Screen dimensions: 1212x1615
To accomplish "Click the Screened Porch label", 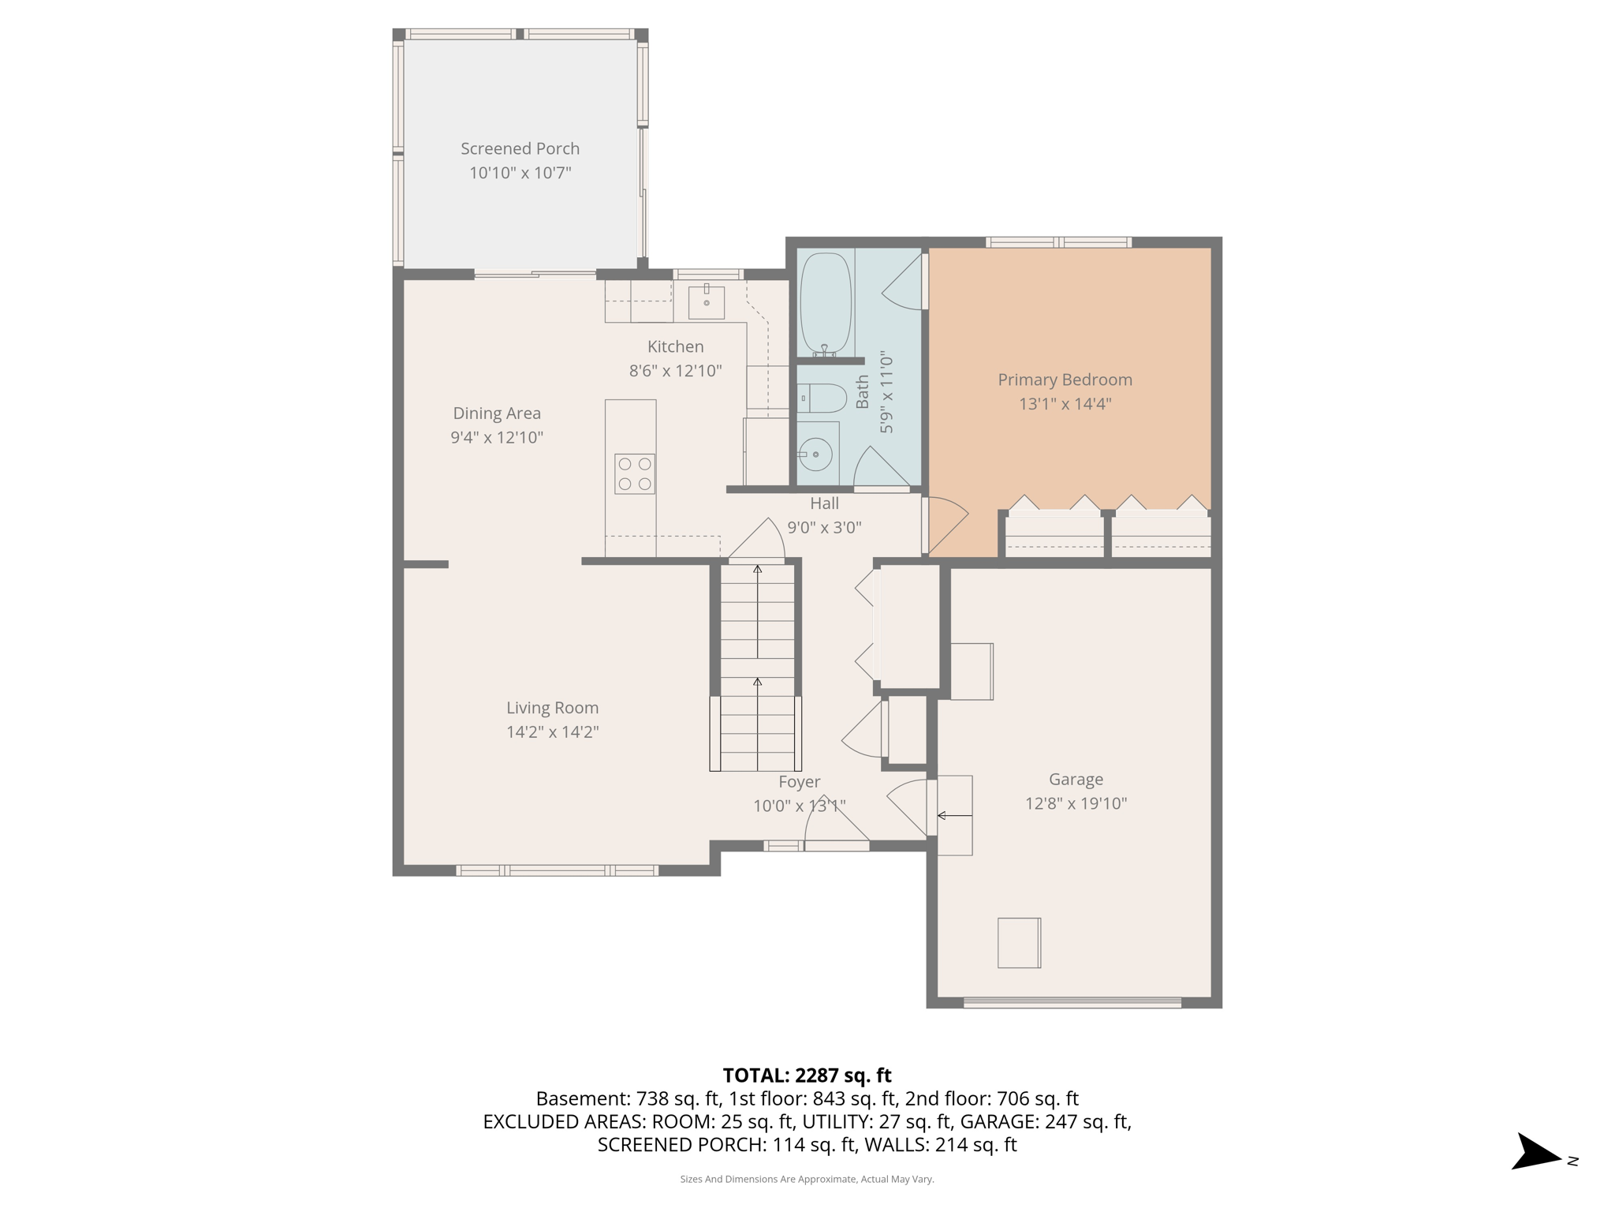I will [520, 148].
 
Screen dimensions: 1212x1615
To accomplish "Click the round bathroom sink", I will [815, 454].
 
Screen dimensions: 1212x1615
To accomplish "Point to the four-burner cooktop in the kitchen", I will [634, 474].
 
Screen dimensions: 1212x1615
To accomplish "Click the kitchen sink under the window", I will [706, 302].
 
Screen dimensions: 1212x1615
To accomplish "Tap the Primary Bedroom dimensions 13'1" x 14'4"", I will [1065, 404].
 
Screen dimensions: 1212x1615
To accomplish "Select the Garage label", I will [1076, 780].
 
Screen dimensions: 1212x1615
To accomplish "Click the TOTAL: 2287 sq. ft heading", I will [807, 1075].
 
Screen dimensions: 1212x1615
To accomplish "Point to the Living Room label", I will [552, 708].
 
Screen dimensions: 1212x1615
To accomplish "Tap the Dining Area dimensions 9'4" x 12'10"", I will [497, 437].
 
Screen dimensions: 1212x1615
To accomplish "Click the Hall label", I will [824, 503].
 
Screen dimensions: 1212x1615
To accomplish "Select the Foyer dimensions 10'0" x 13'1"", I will [799, 806].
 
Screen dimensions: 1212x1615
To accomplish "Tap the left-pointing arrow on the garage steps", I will [953, 815].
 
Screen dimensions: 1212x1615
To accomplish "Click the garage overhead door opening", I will [1072, 1003].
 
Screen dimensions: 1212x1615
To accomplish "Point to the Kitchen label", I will [675, 346].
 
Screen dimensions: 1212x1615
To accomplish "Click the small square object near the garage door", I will [1019, 942].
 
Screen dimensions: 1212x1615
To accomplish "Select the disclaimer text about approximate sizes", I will [807, 1179].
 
